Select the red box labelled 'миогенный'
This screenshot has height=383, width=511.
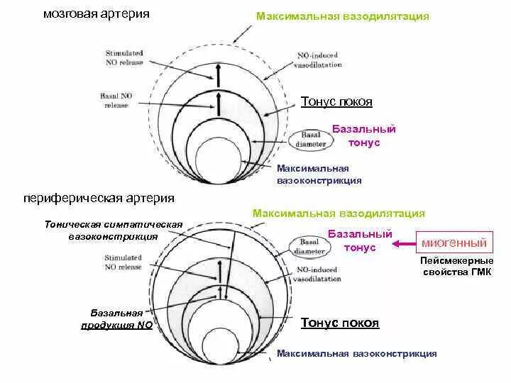click(455, 243)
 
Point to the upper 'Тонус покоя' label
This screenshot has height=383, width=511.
click(336, 102)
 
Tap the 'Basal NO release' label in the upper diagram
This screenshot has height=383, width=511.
click(116, 101)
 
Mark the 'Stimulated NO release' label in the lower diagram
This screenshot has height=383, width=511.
click(123, 262)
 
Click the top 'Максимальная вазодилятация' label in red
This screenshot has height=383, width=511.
click(342, 16)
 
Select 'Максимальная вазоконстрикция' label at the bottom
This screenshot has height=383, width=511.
click(356, 354)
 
